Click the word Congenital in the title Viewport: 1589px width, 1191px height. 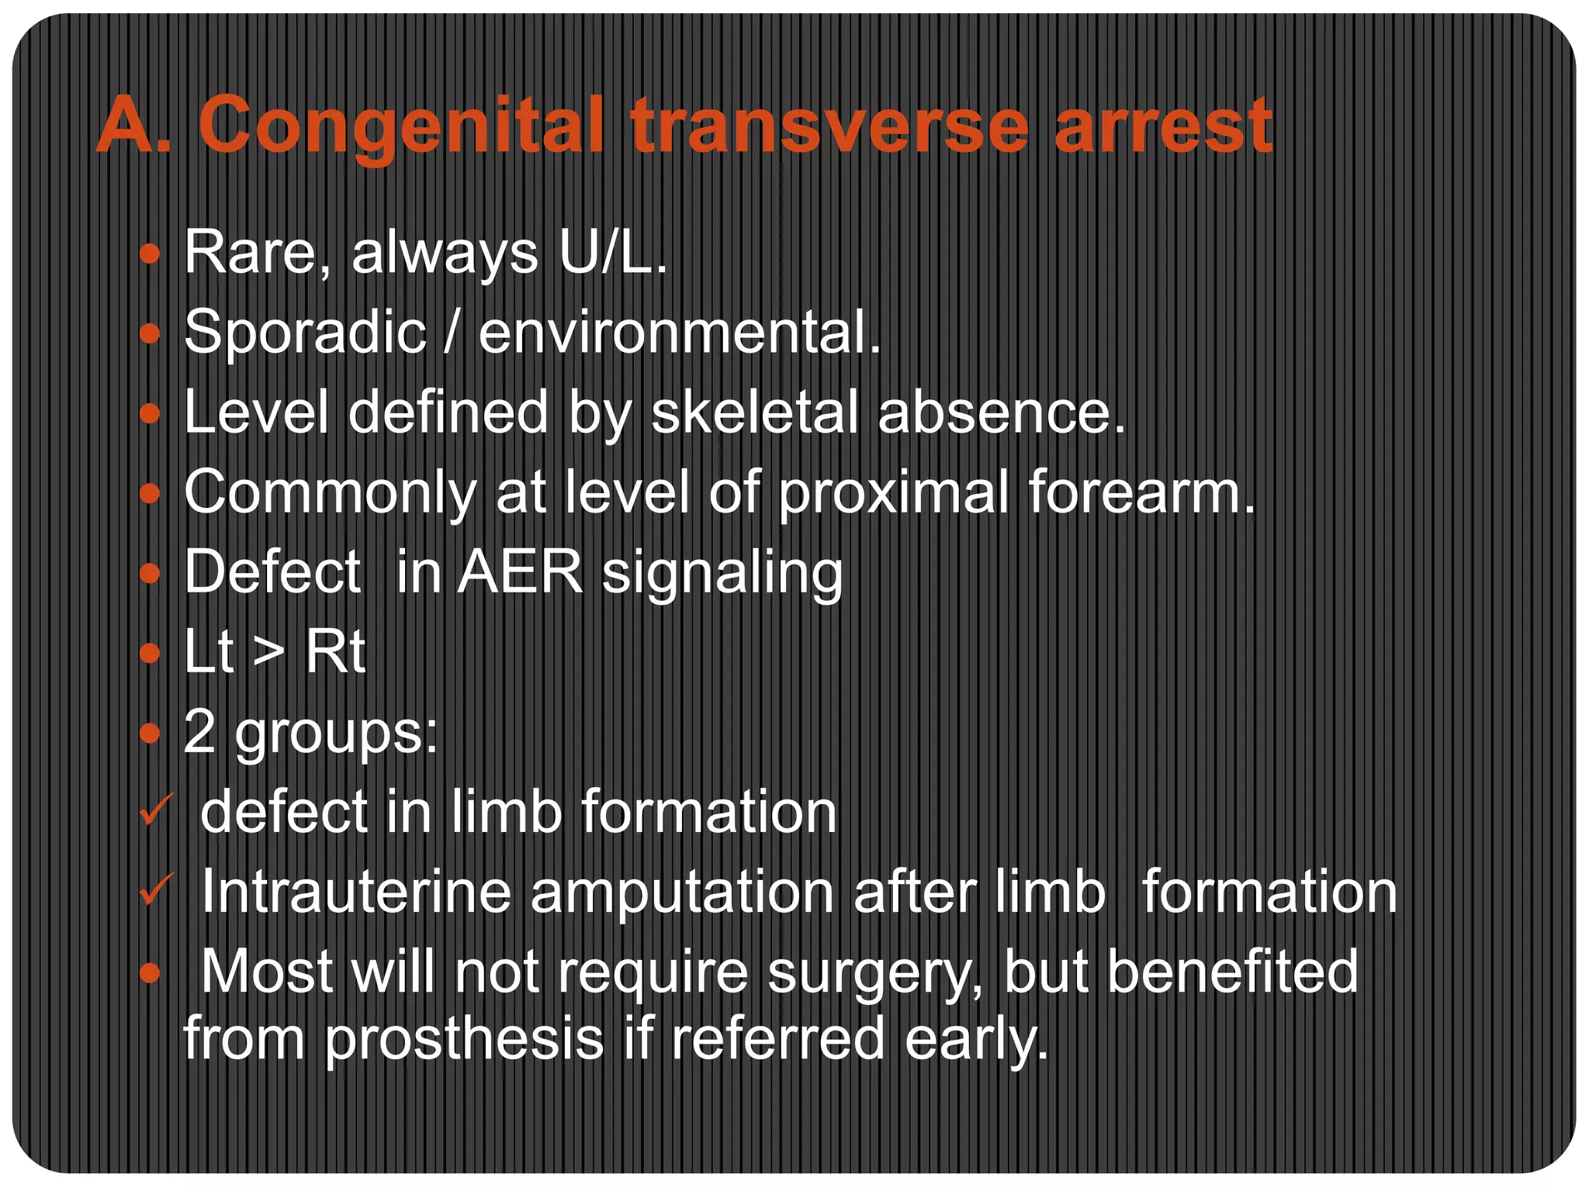click(x=400, y=126)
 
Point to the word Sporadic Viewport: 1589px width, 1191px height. click(x=305, y=333)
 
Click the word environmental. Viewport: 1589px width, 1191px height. click(x=680, y=333)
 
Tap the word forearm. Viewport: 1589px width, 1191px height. click(x=1141, y=492)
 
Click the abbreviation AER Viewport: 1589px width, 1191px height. click(x=520, y=572)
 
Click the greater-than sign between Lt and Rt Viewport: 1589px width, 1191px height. click(x=268, y=653)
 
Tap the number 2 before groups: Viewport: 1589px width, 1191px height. click(x=199, y=732)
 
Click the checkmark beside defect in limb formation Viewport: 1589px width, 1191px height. click(x=156, y=810)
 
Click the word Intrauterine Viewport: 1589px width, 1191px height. click(x=355, y=892)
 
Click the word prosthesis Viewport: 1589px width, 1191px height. click(x=464, y=1039)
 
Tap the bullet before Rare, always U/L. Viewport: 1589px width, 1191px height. click(x=149, y=254)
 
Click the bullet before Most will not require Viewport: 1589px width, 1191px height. click(x=149, y=972)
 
